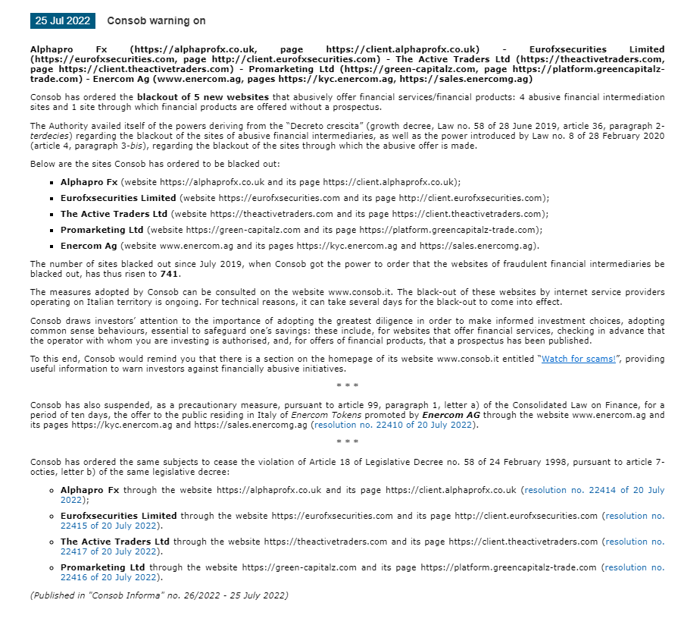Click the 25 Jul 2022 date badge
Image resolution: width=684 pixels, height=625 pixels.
pyautogui.click(x=62, y=20)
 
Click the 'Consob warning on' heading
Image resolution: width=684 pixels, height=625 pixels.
pyautogui.click(x=156, y=20)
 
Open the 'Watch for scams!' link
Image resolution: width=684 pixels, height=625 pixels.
pyautogui.click(x=578, y=359)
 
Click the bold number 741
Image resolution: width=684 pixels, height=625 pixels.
pyautogui.click(x=170, y=274)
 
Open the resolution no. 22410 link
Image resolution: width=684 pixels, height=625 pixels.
pyautogui.click(x=394, y=425)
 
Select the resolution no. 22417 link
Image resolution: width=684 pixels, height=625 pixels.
pyautogui.click(x=634, y=542)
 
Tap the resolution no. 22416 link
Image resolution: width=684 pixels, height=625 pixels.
pyautogui.click(x=634, y=567)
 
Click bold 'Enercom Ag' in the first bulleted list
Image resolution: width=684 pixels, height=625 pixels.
pyautogui.click(x=89, y=246)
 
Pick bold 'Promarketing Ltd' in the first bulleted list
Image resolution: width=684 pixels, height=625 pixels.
pyautogui.click(x=102, y=230)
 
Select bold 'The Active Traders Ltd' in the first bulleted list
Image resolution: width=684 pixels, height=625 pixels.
pyautogui.click(x=114, y=214)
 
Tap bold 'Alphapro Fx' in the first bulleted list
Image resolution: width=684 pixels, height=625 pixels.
pyautogui.click(x=89, y=182)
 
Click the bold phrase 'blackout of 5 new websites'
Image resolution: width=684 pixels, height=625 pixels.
pyautogui.click(x=202, y=97)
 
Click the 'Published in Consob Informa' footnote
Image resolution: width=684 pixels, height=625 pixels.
pyautogui.click(x=159, y=595)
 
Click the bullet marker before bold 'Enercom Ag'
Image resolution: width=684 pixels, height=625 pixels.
pyautogui.click(x=52, y=247)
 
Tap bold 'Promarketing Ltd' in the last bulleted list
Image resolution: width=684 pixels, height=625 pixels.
pyautogui.click(x=102, y=567)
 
